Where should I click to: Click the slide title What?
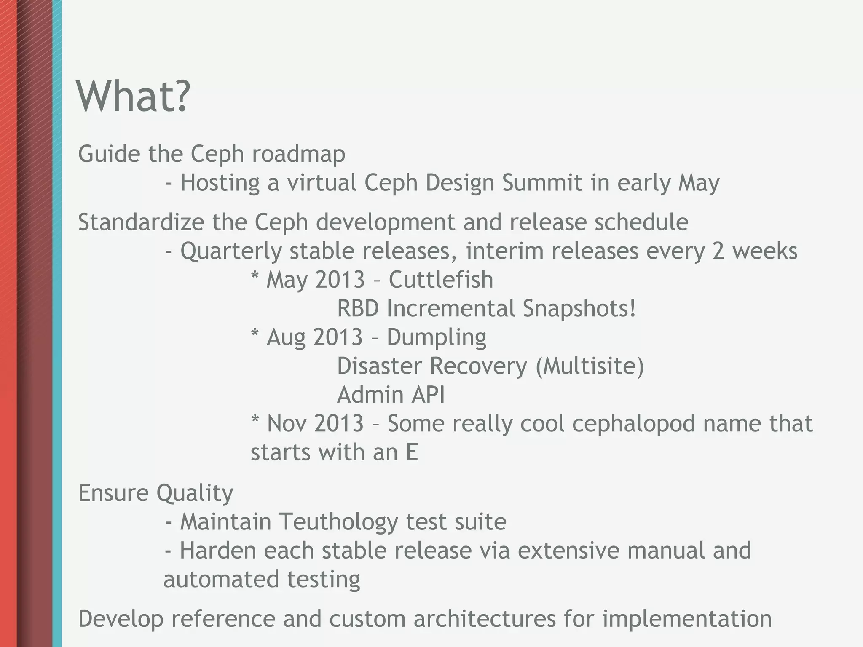coord(133,97)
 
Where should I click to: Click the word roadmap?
coord(298,154)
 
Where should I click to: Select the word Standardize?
coord(141,222)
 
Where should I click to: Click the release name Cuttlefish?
coord(440,280)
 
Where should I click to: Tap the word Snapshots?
coord(579,309)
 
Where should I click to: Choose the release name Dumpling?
coord(436,338)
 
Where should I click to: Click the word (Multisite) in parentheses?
coord(590,366)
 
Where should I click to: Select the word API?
coord(428,395)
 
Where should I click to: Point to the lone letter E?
coord(412,453)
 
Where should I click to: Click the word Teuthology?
coord(338,522)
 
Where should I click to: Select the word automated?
coord(221,580)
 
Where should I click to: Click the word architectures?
coord(485,619)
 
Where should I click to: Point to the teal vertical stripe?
coord(57,323)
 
